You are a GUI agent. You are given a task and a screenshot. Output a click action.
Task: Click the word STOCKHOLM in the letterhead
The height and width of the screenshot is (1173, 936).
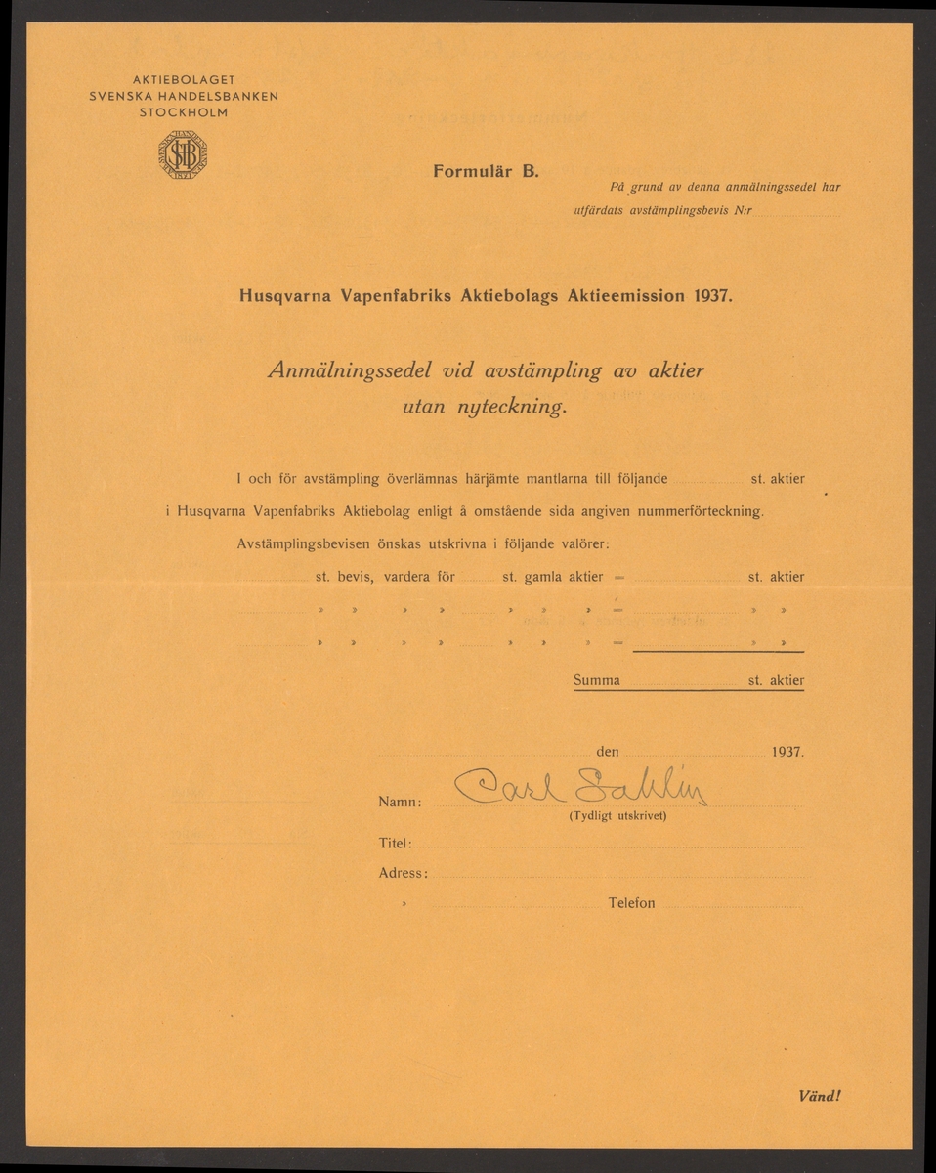184,112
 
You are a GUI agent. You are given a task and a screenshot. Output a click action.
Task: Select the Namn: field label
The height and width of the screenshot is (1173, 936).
399,803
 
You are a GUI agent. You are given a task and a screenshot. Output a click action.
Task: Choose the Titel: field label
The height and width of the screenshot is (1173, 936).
395,844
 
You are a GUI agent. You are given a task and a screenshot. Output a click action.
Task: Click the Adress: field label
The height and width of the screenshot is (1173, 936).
403,874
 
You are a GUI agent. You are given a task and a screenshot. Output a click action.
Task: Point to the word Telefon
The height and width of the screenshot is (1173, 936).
631,904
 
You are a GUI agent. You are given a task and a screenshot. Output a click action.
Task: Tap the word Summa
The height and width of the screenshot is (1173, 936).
597,680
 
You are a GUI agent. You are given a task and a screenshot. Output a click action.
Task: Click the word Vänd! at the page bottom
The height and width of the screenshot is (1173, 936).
818,1096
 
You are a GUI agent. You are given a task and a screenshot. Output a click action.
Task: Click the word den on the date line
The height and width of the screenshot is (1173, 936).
607,753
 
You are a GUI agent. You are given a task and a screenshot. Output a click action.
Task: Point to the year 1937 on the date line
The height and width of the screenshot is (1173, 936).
786,754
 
